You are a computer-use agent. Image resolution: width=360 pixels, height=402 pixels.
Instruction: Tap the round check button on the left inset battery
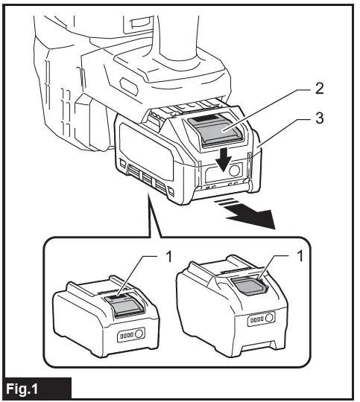coord(142,336)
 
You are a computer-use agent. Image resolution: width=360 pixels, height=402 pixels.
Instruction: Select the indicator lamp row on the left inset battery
coord(126,336)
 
